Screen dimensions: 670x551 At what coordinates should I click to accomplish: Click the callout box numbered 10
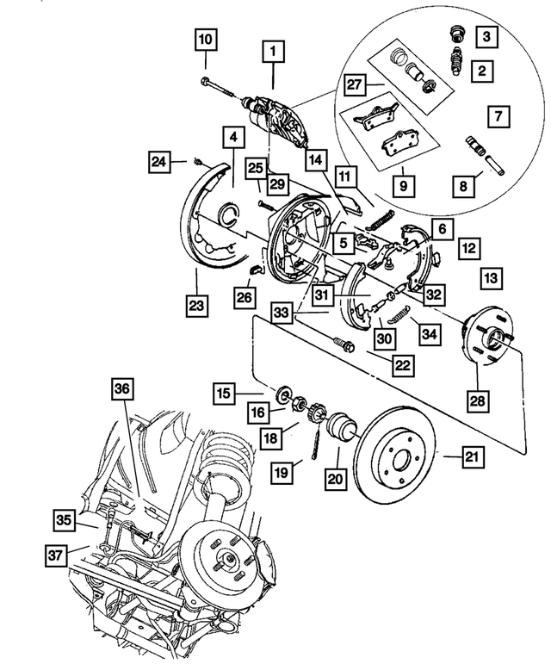click(206, 39)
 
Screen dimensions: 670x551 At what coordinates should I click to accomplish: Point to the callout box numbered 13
click(490, 279)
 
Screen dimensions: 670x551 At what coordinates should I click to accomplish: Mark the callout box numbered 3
click(488, 36)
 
